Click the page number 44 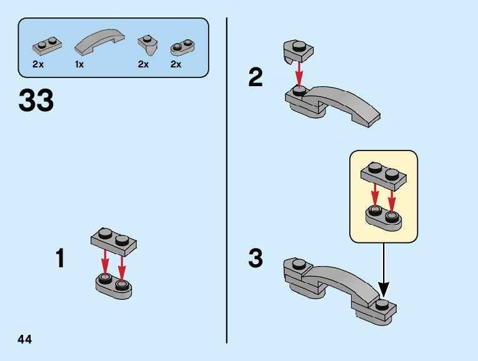coord(25,339)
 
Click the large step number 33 coord(36,100)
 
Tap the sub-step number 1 coord(60,258)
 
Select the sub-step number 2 coord(256,77)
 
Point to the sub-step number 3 coord(256,258)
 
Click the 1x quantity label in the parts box coord(79,64)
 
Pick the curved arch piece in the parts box coord(99,41)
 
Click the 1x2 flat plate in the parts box coord(47,46)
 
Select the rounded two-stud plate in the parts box coord(182,47)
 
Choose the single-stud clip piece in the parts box coord(147,44)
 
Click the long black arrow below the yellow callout coord(384,270)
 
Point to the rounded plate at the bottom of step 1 coord(114,286)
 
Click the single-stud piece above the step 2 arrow coord(298,51)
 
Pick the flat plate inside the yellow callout coord(384,176)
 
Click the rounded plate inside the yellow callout coord(384,218)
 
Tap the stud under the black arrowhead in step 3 coord(382,304)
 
